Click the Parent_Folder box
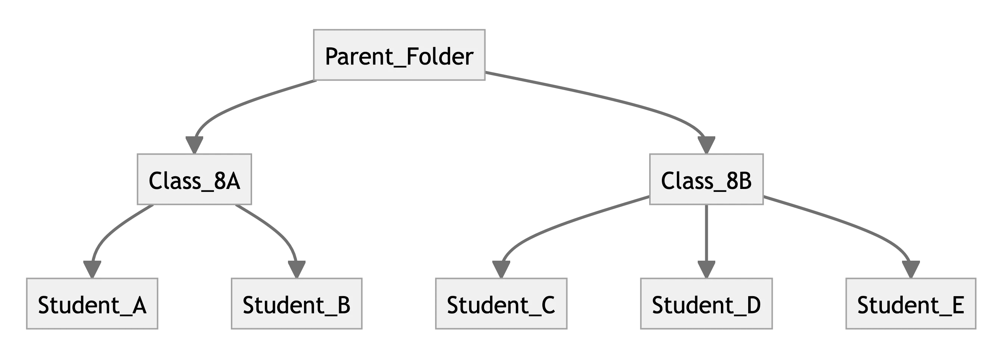point(399,55)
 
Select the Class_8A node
point(194,179)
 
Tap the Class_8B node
point(706,179)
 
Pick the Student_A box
point(91,303)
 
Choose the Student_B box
point(297,303)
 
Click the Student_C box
point(501,303)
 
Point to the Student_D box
point(706,303)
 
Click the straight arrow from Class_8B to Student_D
point(706,234)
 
